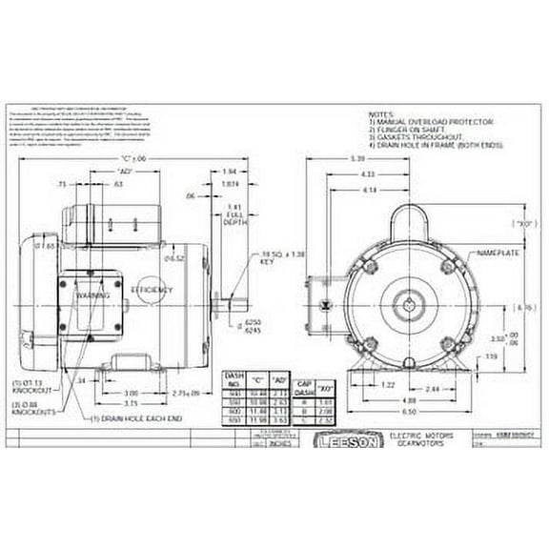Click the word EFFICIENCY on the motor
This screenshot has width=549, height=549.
click(x=152, y=288)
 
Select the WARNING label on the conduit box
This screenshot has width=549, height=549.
click(x=91, y=296)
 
